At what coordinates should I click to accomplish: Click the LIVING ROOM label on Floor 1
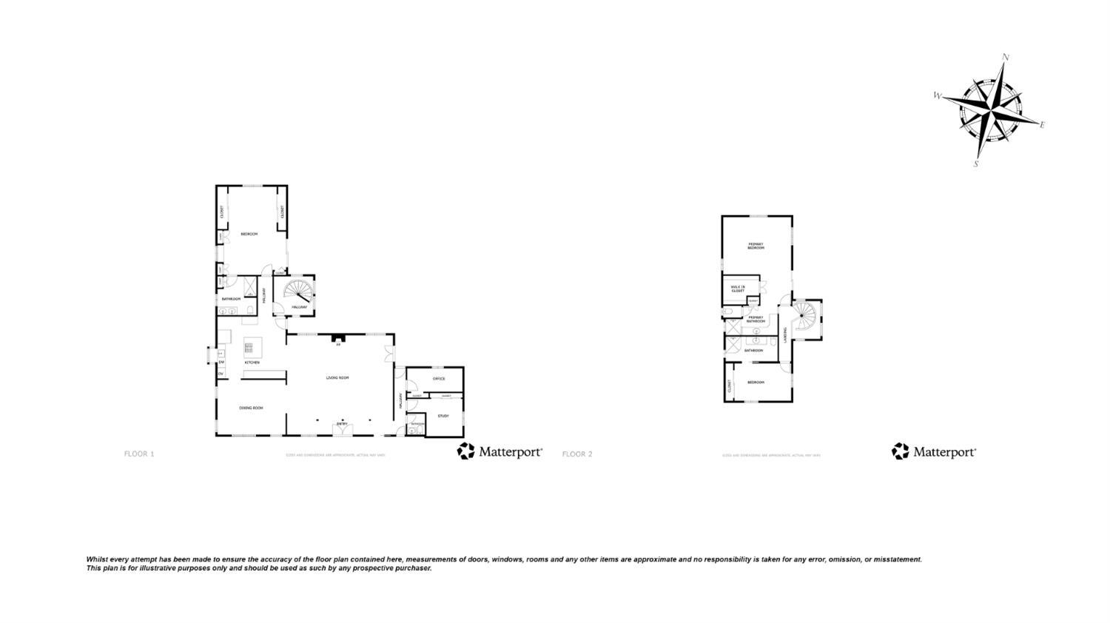(x=337, y=378)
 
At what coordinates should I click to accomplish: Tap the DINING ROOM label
(x=251, y=408)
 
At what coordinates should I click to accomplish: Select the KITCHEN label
(x=252, y=363)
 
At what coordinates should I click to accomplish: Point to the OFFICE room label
(x=439, y=379)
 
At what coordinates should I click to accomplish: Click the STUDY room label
(x=443, y=416)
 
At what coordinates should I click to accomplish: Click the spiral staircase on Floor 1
(x=297, y=289)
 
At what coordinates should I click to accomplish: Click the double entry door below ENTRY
(x=343, y=430)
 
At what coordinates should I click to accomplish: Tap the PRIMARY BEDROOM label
(x=756, y=246)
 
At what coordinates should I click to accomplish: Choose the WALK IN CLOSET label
(x=738, y=289)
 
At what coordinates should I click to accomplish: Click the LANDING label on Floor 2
(x=785, y=335)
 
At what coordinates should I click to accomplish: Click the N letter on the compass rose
(x=1005, y=57)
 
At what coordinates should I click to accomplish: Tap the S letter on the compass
(x=976, y=164)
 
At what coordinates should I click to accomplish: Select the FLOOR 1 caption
(x=139, y=454)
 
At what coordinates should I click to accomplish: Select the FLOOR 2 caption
(x=577, y=454)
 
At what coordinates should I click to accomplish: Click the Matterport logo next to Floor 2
(x=934, y=451)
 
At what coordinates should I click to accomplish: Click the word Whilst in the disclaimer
(x=97, y=559)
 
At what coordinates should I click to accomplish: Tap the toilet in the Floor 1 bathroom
(x=249, y=310)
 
